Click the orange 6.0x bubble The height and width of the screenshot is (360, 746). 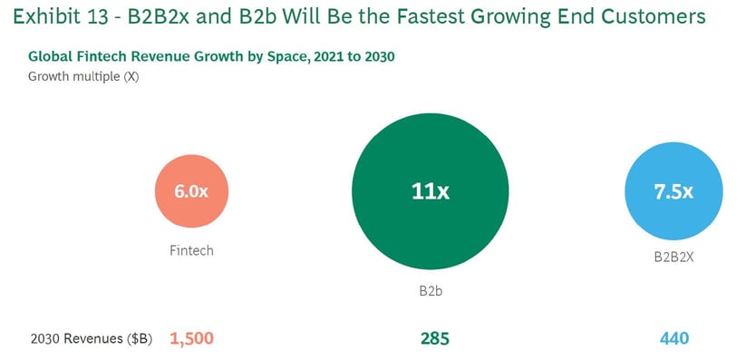coord(191,191)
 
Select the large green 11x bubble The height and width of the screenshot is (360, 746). coord(430,191)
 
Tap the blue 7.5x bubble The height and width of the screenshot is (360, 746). coord(673,191)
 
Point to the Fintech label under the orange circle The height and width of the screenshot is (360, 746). coord(191,250)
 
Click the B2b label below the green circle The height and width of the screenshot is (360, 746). coord(431,292)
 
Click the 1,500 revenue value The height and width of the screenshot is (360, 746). coord(191,338)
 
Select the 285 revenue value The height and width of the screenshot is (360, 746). coord(434,338)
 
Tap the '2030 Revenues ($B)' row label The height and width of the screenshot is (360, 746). coord(92,338)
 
